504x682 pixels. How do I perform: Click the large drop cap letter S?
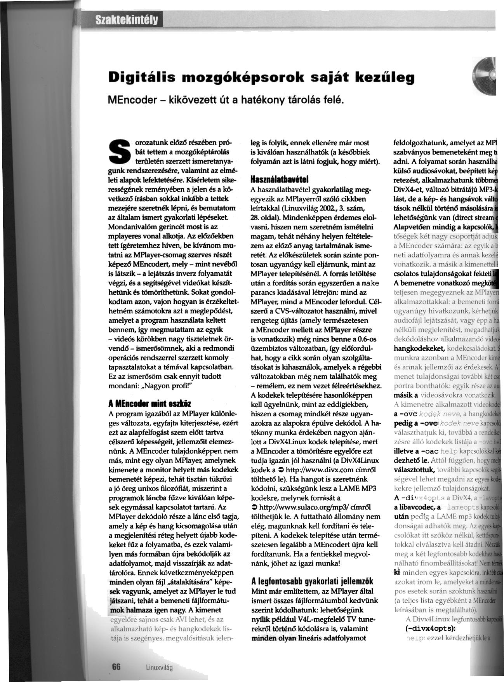(x=120, y=151)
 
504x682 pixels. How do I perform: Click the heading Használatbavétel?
(x=280, y=181)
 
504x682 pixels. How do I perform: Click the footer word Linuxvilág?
(x=159, y=668)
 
